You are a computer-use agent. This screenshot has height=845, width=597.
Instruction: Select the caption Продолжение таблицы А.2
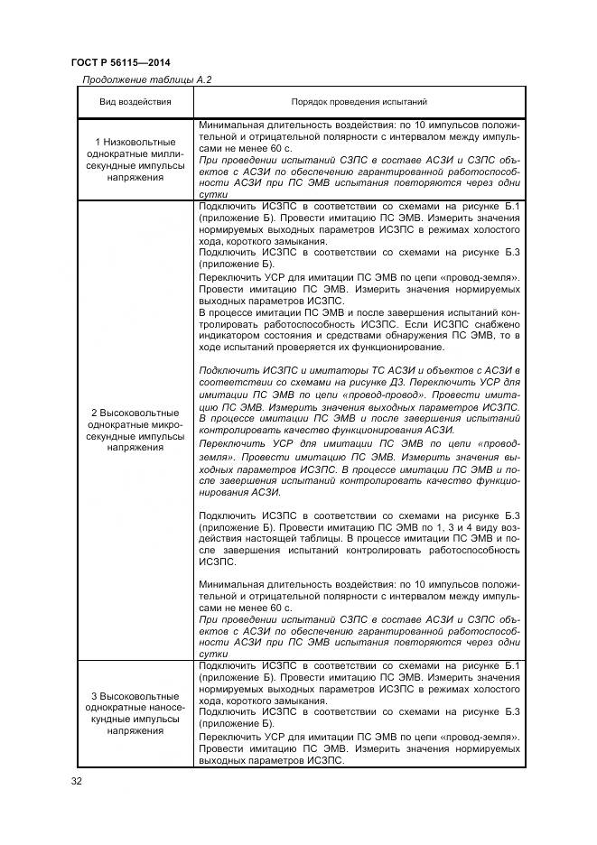tap(146, 80)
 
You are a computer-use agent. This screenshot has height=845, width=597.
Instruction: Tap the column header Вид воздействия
tap(135, 103)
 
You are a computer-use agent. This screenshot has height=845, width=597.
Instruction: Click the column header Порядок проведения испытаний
tap(359, 103)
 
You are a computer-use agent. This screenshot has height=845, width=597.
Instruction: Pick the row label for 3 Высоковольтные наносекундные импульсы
tap(135, 713)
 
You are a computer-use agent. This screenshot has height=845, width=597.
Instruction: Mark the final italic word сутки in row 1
tap(213, 194)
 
